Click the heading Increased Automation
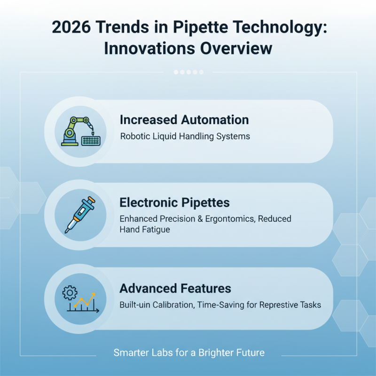tap(184, 119)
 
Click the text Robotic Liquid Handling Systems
tap(185, 137)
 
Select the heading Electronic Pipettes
tap(174, 203)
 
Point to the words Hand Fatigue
tap(144, 230)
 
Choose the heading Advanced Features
tap(175, 288)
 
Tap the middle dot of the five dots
tap(188, 72)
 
